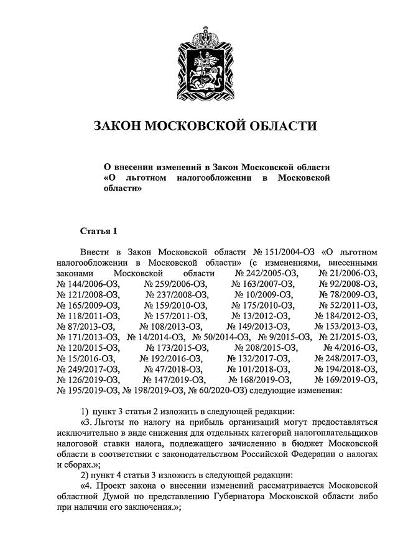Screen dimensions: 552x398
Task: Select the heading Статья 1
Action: click(99, 232)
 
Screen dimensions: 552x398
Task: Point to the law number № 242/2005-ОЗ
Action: click(267, 273)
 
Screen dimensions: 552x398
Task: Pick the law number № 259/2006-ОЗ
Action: click(176, 284)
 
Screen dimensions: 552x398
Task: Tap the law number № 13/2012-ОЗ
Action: click(261, 315)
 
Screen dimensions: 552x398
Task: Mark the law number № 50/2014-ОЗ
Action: click(214, 337)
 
